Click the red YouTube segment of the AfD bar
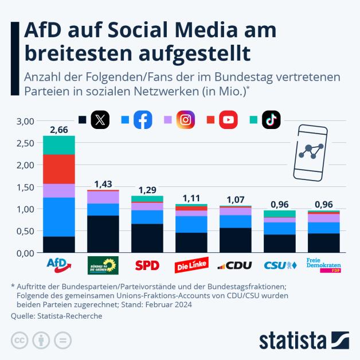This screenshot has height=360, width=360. [59, 169]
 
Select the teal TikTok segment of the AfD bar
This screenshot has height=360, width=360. [59, 145]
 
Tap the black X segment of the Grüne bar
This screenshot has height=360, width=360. [103, 234]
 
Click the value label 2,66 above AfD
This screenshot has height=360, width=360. [59, 130]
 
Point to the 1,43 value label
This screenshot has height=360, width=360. [103, 184]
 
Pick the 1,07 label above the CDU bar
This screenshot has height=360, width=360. [235, 200]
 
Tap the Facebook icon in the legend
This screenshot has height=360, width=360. [143, 120]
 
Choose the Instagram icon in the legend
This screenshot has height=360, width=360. [185, 120]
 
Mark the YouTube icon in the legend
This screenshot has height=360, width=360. [228, 120]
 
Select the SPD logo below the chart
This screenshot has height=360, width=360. [147, 266]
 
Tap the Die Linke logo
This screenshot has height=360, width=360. [191, 266]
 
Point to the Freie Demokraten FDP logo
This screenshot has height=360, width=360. [323, 265]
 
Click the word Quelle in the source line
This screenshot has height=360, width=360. [22, 316]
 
